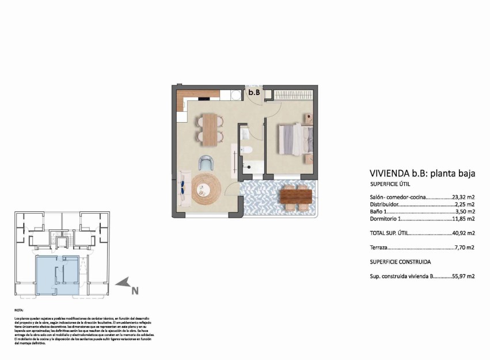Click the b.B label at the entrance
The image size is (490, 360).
(x=254, y=92)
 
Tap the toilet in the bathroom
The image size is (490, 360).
(x=246, y=150)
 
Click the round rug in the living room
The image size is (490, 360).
(x=206, y=190)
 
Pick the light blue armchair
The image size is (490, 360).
(x=206, y=163)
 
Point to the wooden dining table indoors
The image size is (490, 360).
(x=210, y=128)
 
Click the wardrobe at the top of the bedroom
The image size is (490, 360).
(x=293, y=94)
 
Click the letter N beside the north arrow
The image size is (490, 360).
(x=135, y=290)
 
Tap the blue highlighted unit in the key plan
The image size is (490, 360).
(x=57, y=275)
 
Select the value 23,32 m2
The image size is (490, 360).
(x=463, y=197)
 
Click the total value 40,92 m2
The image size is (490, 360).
(x=463, y=233)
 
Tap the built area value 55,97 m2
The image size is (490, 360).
(x=463, y=276)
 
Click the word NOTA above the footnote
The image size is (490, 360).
(x=20, y=309)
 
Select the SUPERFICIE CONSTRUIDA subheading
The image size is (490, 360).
(x=400, y=262)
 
